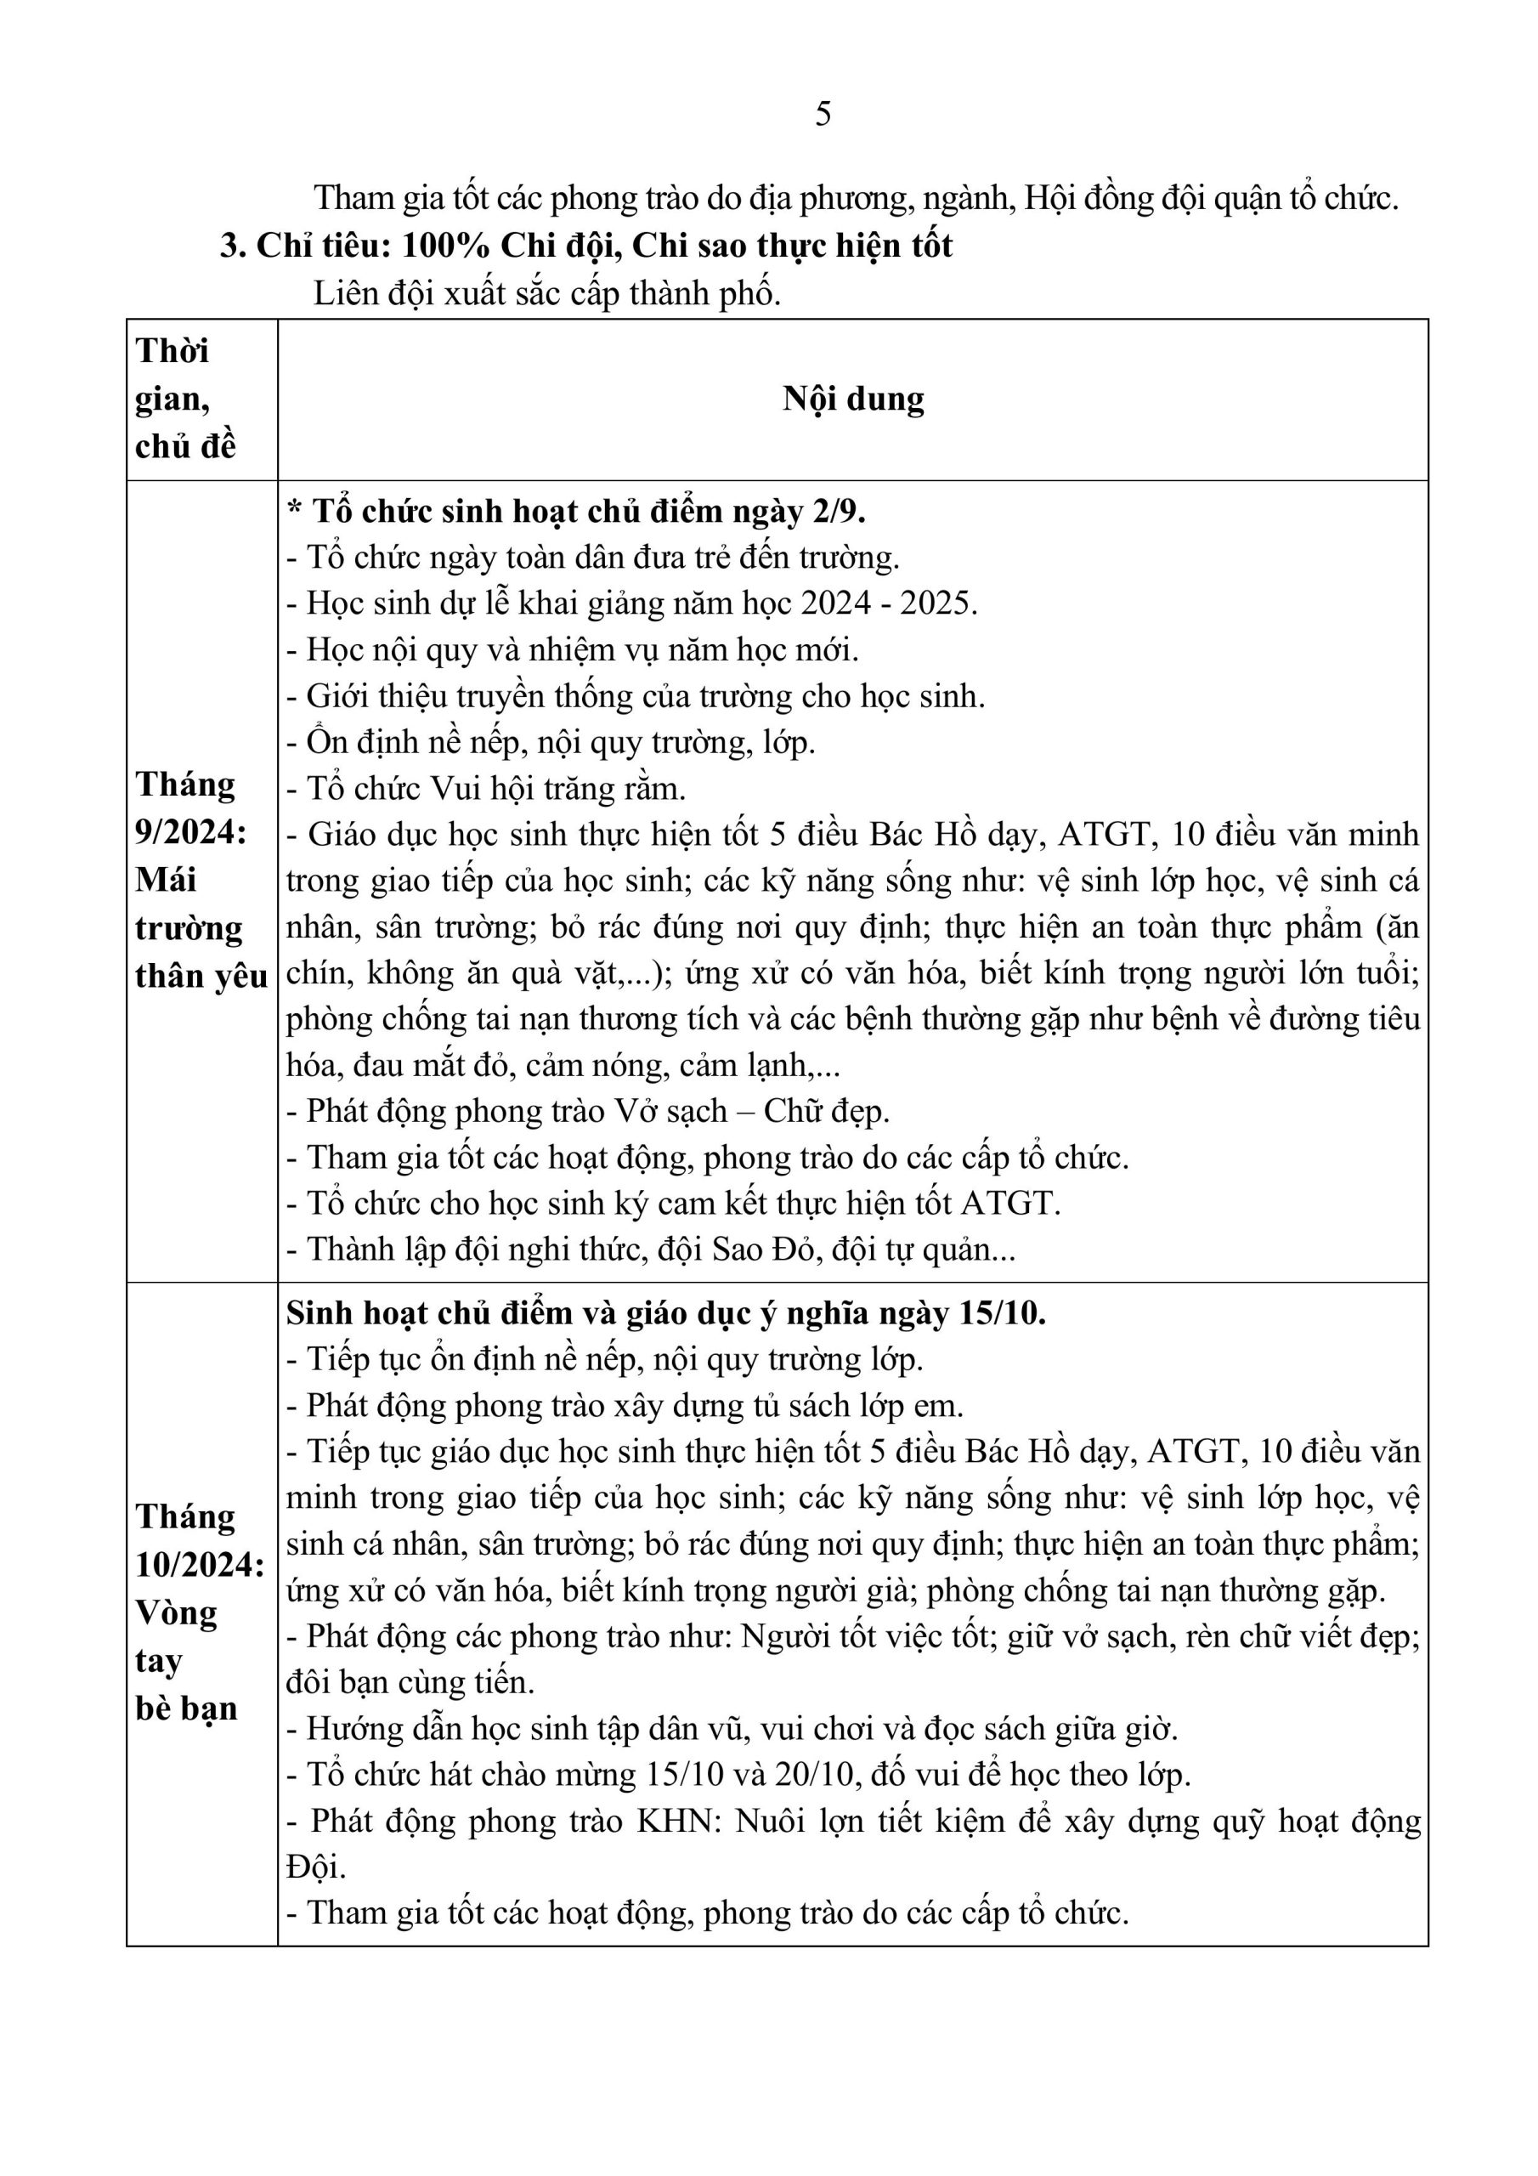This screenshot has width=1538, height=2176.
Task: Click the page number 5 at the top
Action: pyautogui.click(x=823, y=114)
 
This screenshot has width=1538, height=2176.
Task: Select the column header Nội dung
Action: pyautogui.click(x=853, y=398)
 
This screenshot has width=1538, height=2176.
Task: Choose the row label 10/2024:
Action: pyautogui.click(x=200, y=1564)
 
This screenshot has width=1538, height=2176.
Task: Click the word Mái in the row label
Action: pyautogui.click(x=166, y=879)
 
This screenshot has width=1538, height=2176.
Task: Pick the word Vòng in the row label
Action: pyautogui.click(x=176, y=1611)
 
